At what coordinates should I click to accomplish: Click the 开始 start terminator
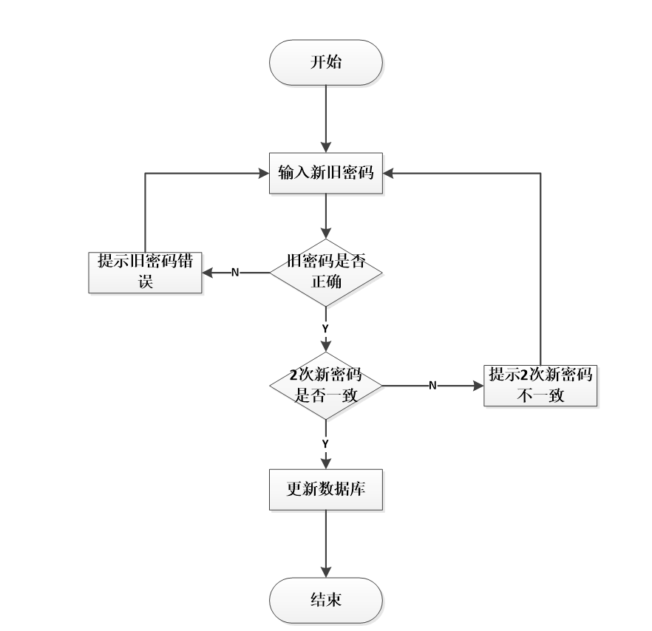pyautogui.click(x=325, y=62)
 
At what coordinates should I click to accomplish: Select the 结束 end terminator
pyautogui.click(x=325, y=599)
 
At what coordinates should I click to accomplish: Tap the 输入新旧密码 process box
pyautogui.click(x=325, y=174)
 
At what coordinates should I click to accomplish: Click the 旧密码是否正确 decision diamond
pyautogui.click(x=325, y=272)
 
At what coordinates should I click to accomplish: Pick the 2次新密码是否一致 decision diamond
pyautogui.click(x=325, y=385)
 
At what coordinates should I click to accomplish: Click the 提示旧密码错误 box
pyautogui.click(x=145, y=272)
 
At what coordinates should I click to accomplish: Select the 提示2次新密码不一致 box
pyautogui.click(x=540, y=385)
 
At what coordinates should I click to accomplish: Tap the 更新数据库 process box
pyautogui.click(x=325, y=488)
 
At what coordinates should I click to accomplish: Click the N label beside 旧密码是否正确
pyautogui.click(x=235, y=273)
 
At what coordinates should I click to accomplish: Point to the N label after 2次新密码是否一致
pyautogui.click(x=432, y=386)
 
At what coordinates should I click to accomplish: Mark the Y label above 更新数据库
pyautogui.click(x=325, y=443)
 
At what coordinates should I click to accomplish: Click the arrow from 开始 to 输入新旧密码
pyautogui.click(x=325, y=118)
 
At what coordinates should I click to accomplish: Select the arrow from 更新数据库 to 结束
pyautogui.click(x=325, y=543)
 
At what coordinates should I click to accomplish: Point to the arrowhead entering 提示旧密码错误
pyautogui.click(x=208, y=272)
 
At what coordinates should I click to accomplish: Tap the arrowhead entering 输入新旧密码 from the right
pyautogui.click(x=389, y=174)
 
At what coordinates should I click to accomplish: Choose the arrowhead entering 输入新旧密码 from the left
pyautogui.click(x=262, y=174)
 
